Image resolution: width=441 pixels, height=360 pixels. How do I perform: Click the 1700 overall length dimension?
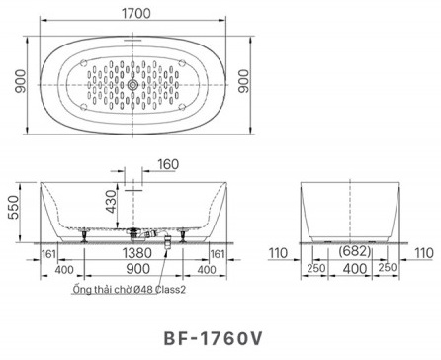(137, 15)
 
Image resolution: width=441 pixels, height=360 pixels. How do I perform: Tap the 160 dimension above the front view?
(167, 164)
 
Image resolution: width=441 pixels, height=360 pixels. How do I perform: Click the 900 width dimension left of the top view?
(11, 86)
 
